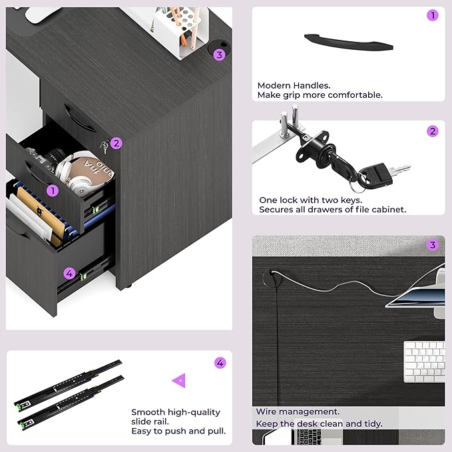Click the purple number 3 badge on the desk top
(220, 55)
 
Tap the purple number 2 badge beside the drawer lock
(116, 143)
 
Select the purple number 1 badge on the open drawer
(53, 190)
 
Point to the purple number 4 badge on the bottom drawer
(69, 274)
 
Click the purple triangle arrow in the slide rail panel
(180, 381)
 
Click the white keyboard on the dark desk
(424, 361)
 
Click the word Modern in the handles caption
(274, 86)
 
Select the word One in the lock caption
(268, 200)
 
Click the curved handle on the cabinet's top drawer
(80, 118)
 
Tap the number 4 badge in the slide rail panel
(220, 363)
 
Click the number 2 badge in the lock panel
(433, 131)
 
